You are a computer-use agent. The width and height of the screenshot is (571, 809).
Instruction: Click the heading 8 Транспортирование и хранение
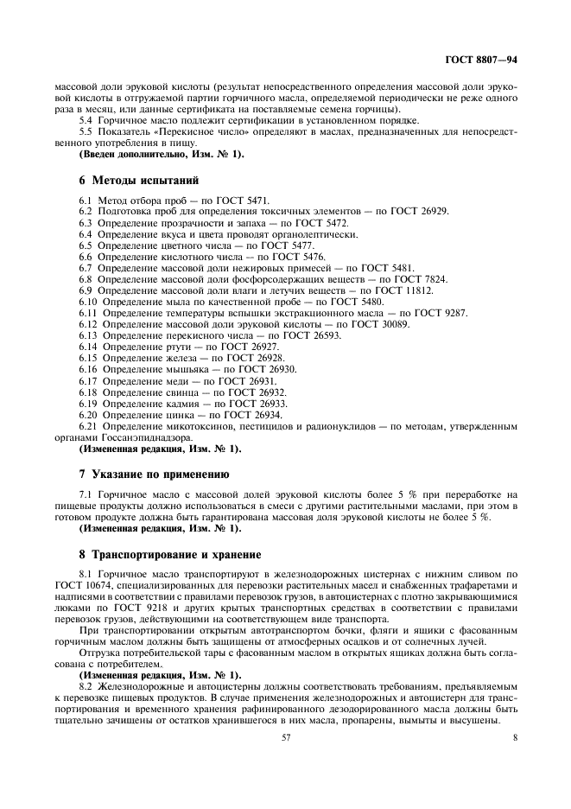coord(169,554)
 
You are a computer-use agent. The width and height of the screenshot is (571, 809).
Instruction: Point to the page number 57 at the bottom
coord(285,738)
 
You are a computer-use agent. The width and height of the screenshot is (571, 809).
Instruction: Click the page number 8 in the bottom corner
coord(514,738)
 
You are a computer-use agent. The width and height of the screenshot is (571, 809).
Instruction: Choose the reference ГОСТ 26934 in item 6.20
coord(251,414)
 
